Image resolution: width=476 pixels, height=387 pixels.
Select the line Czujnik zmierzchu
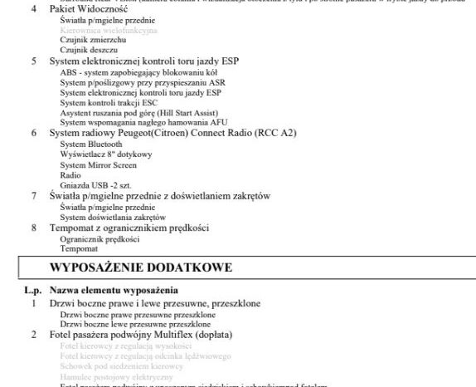(93, 39)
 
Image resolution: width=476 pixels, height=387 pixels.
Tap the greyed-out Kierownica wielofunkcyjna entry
(102, 28)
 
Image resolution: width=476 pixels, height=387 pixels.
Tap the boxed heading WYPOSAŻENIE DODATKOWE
(141, 267)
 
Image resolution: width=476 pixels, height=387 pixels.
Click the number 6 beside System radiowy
(34, 133)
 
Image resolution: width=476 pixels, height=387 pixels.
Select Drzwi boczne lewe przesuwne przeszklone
(138, 324)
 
